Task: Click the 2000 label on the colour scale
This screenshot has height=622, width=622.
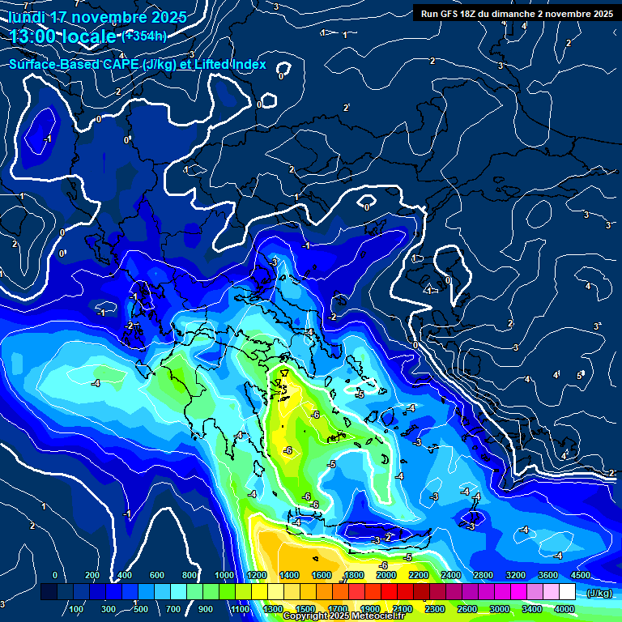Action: (x=386, y=575)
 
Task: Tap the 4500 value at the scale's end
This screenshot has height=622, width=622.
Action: (x=581, y=575)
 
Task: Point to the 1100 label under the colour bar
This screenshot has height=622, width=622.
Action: (x=241, y=609)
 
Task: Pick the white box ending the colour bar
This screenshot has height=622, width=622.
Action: (x=568, y=593)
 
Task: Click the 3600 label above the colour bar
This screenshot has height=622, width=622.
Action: (x=548, y=575)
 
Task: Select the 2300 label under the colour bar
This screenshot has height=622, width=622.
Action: (x=435, y=609)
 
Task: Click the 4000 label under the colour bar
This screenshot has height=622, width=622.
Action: (x=564, y=609)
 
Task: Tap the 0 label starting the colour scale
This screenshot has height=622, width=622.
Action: (x=55, y=575)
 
